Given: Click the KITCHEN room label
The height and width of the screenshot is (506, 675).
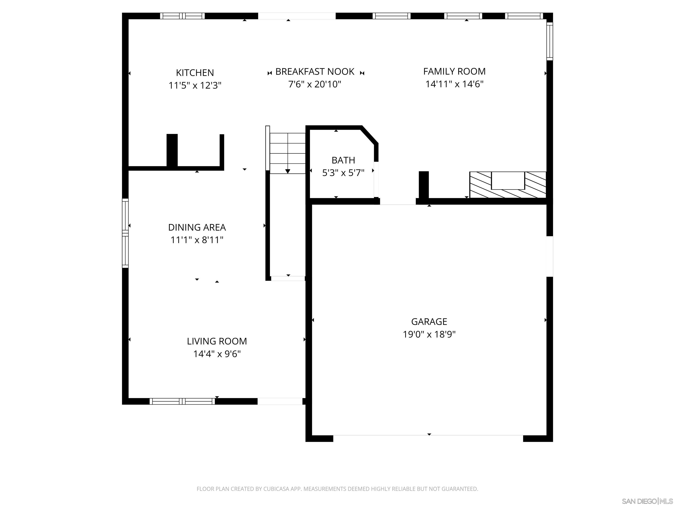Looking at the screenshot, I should click(195, 73).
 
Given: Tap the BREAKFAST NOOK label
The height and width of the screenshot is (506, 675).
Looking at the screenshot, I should click(315, 72).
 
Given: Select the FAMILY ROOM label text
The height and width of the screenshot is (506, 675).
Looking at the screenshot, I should click(454, 71).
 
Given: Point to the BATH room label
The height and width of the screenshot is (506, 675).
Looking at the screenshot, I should click(343, 160).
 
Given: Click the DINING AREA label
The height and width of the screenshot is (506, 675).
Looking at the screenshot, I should click(197, 227).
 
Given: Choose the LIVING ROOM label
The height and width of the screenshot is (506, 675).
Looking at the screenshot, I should click(217, 341).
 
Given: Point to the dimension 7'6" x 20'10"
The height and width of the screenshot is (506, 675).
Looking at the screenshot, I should click(315, 84).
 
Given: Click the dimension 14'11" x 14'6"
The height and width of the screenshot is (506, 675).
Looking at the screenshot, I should click(454, 84).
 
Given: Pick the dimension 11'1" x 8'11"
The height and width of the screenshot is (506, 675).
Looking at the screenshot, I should click(197, 240).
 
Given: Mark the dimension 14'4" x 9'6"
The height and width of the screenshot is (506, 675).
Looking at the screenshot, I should click(217, 354).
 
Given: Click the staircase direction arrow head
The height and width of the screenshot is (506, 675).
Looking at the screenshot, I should click(287, 171).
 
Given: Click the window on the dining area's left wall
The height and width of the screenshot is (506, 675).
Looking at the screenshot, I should click(125, 233).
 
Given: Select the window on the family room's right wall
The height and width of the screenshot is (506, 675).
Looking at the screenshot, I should click(549, 42).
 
